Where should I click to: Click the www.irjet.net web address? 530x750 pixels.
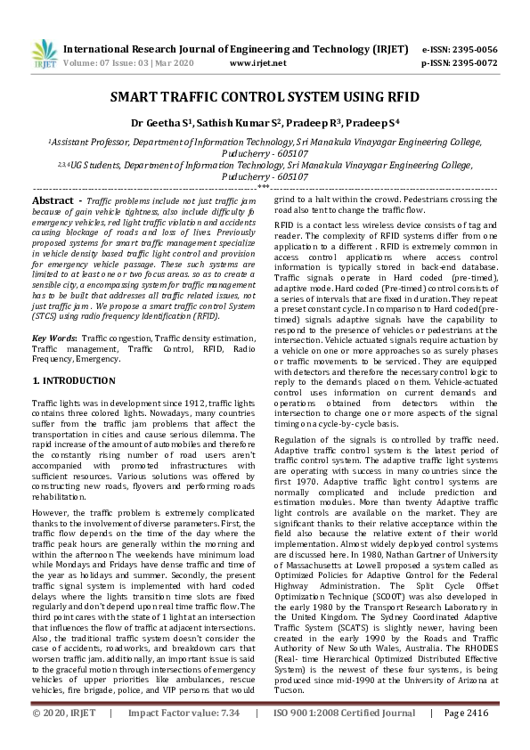257,63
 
